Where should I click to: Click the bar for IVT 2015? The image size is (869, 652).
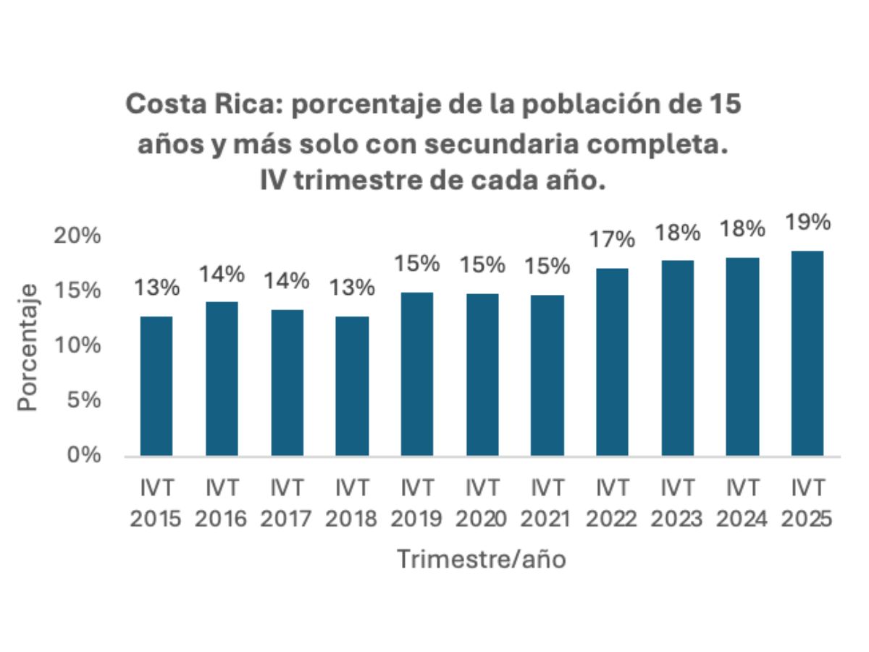tap(156, 385)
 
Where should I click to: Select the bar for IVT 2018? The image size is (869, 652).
tap(352, 385)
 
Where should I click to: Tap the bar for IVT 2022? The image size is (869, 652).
tap(613, 361)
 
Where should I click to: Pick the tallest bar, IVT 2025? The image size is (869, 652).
tap(807, 353)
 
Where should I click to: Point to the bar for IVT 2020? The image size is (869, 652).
tap(482, 374)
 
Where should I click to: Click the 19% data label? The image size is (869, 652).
tap(808, 223)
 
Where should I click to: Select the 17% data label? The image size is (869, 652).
tap(613, 240)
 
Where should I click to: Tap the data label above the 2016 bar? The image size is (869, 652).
tap(222, 275)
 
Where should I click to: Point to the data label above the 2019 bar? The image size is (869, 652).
tap(417, 264)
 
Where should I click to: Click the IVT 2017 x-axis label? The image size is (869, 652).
tap(287, 504)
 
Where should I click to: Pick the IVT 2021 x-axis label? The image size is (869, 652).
tap(547, 504)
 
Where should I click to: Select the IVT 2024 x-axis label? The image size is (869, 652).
tap(743, 504)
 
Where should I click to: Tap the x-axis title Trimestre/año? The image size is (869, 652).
tap(482, 559)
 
